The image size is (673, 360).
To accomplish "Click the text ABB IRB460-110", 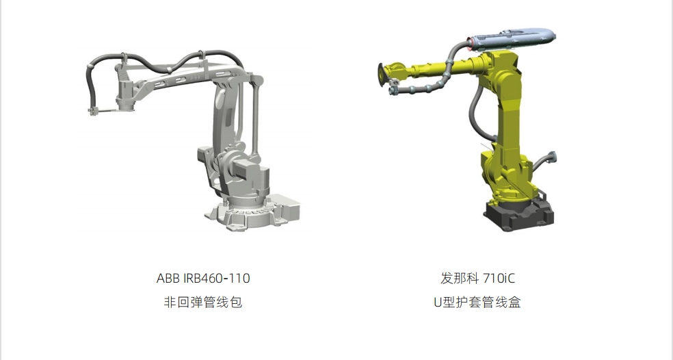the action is [x=203, y=279].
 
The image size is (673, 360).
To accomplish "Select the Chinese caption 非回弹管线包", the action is [x=203, y=302].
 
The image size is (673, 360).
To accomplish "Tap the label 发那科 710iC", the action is [x=477, y=279].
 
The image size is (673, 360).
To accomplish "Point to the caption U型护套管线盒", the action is [x=477, y=302].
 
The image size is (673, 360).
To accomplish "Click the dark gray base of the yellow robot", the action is [x=518, y=215].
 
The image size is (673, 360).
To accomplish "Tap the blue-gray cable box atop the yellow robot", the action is [x=513, y=38].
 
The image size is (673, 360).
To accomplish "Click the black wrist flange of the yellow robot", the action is [x=381, y=75].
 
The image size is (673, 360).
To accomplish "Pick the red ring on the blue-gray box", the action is [x=471, y=44].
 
